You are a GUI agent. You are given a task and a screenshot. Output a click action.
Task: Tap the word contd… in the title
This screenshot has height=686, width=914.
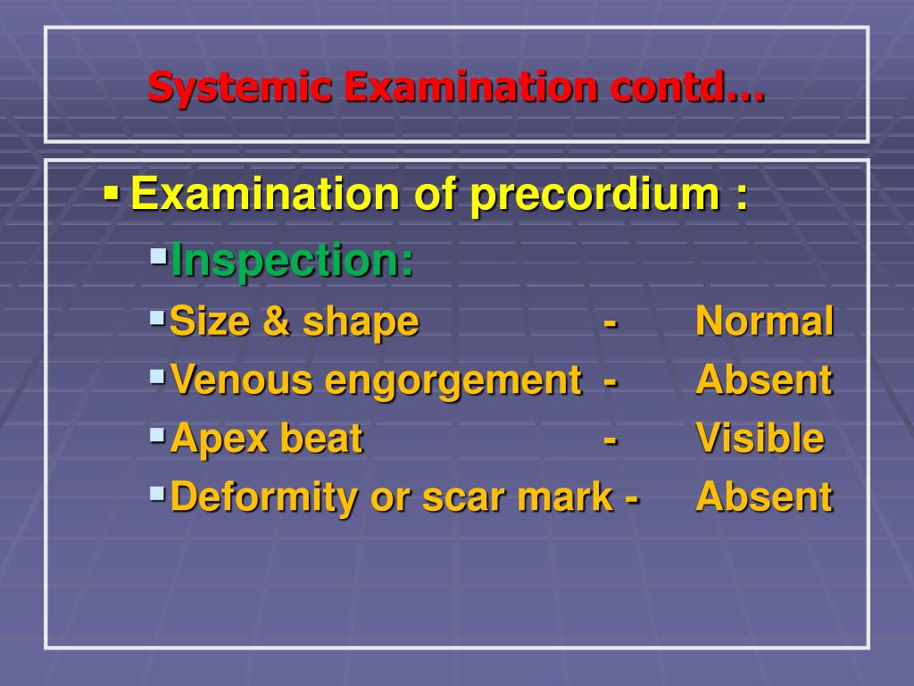pyautogui.click(x=687, y=88)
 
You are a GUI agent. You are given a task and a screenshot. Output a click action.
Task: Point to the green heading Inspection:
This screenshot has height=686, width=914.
pyautogui.click(x=292, y=261)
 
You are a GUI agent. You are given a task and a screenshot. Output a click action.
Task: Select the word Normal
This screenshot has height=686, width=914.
pyautogui.click(x=765, y=321)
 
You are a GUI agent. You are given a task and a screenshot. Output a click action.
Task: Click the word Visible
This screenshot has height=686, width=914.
pyautogui.click(x=760, y=439)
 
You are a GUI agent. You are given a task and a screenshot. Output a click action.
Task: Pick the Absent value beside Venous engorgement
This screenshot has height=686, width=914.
pyautogui.click(x=763, y=381)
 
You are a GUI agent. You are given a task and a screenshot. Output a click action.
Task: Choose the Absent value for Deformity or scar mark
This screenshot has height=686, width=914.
pyautogui.click(x=763, y=498)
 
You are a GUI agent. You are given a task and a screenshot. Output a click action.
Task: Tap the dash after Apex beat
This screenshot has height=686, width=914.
pyautogui.click(x=611, y=439)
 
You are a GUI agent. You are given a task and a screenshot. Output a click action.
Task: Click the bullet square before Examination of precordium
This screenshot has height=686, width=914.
pyautogui.click(x=112, y=191)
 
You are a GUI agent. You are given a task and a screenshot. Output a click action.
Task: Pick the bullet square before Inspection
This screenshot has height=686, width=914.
pyautogui.click(x=158, y=257)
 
